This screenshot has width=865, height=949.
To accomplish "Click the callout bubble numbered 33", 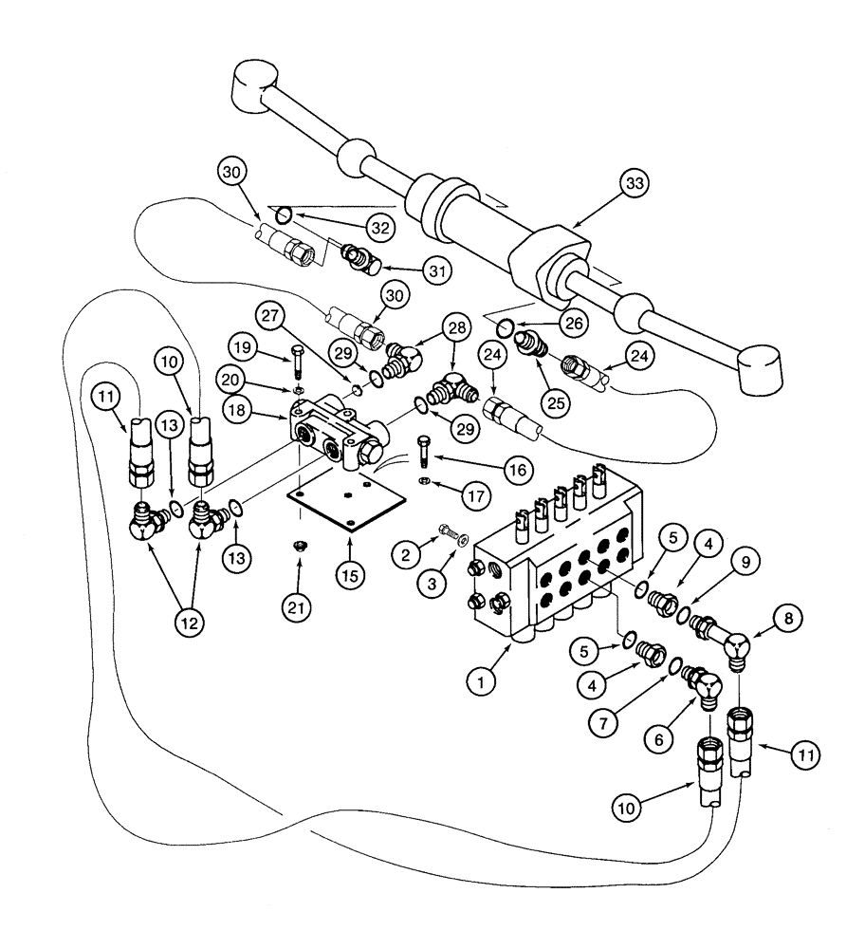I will coord(635,184).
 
